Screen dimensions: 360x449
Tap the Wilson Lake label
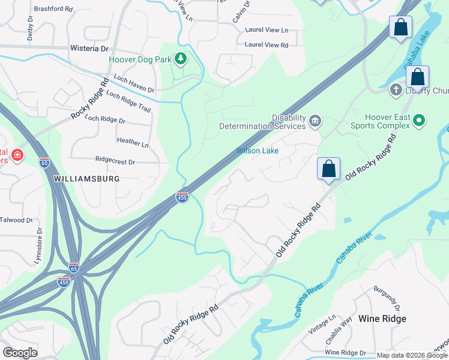point(258,151)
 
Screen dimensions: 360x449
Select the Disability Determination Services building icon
point(315,122)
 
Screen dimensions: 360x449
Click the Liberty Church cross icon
point(396,91)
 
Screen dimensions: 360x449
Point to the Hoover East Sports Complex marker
point(420,121)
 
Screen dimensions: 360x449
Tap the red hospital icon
point(17,155)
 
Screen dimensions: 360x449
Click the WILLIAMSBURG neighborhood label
point(86,179)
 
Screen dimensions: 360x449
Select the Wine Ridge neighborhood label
point(382,319)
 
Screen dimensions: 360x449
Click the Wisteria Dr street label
point(88,48)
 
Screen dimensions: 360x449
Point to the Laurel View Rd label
point(267,45)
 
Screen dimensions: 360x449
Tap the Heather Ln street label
point(133,144)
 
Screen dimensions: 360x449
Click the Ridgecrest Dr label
point(115,161)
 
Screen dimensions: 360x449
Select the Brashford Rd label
point(53,10)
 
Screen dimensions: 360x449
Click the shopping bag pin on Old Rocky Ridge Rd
point(328,169)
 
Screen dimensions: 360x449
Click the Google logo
point(20,353)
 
